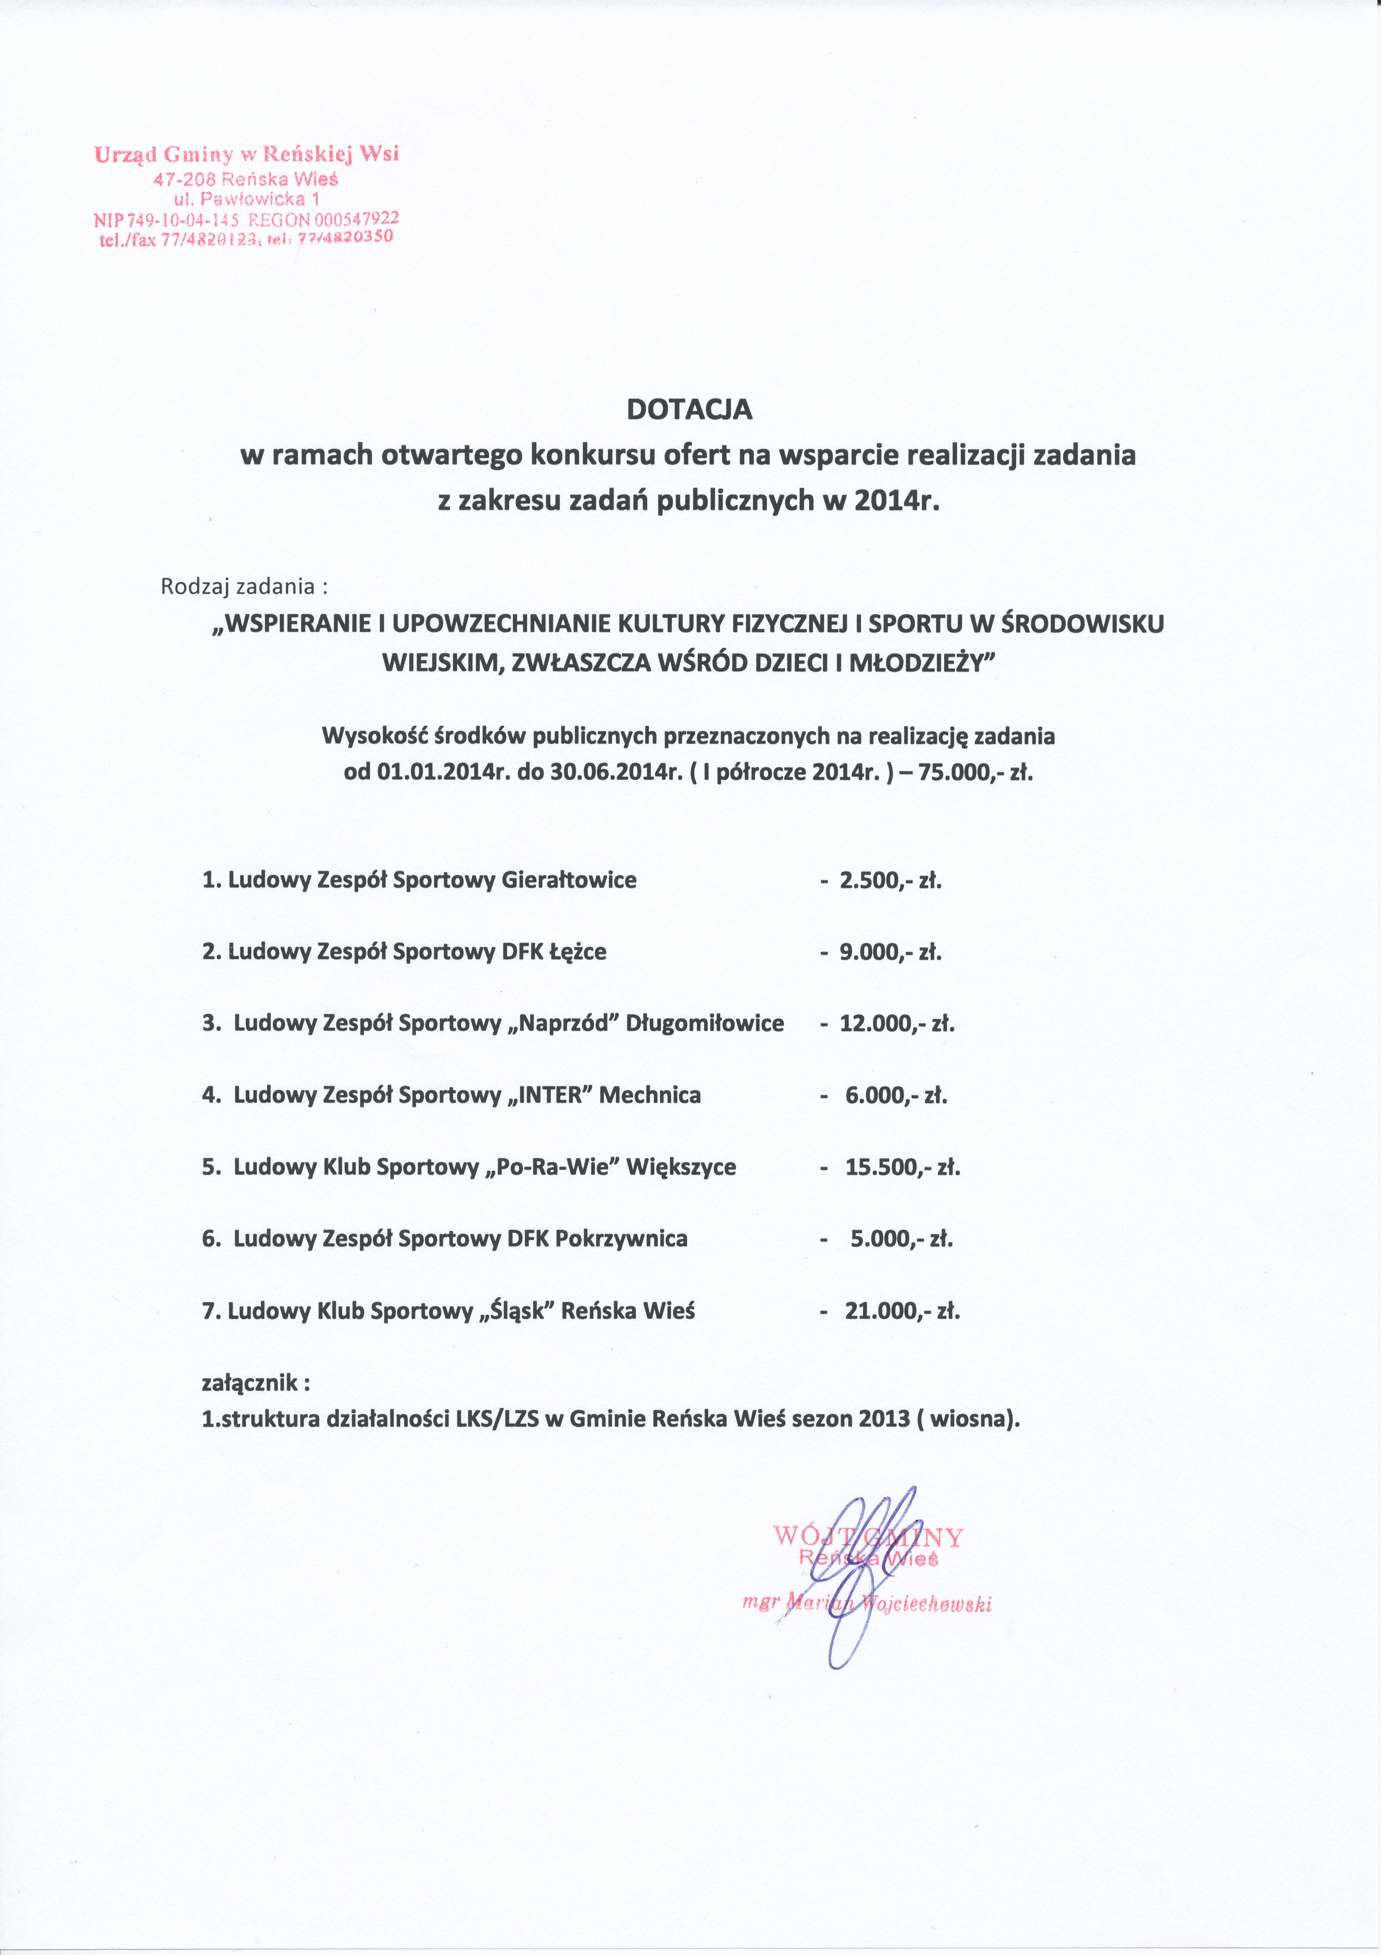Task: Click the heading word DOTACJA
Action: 689,410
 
